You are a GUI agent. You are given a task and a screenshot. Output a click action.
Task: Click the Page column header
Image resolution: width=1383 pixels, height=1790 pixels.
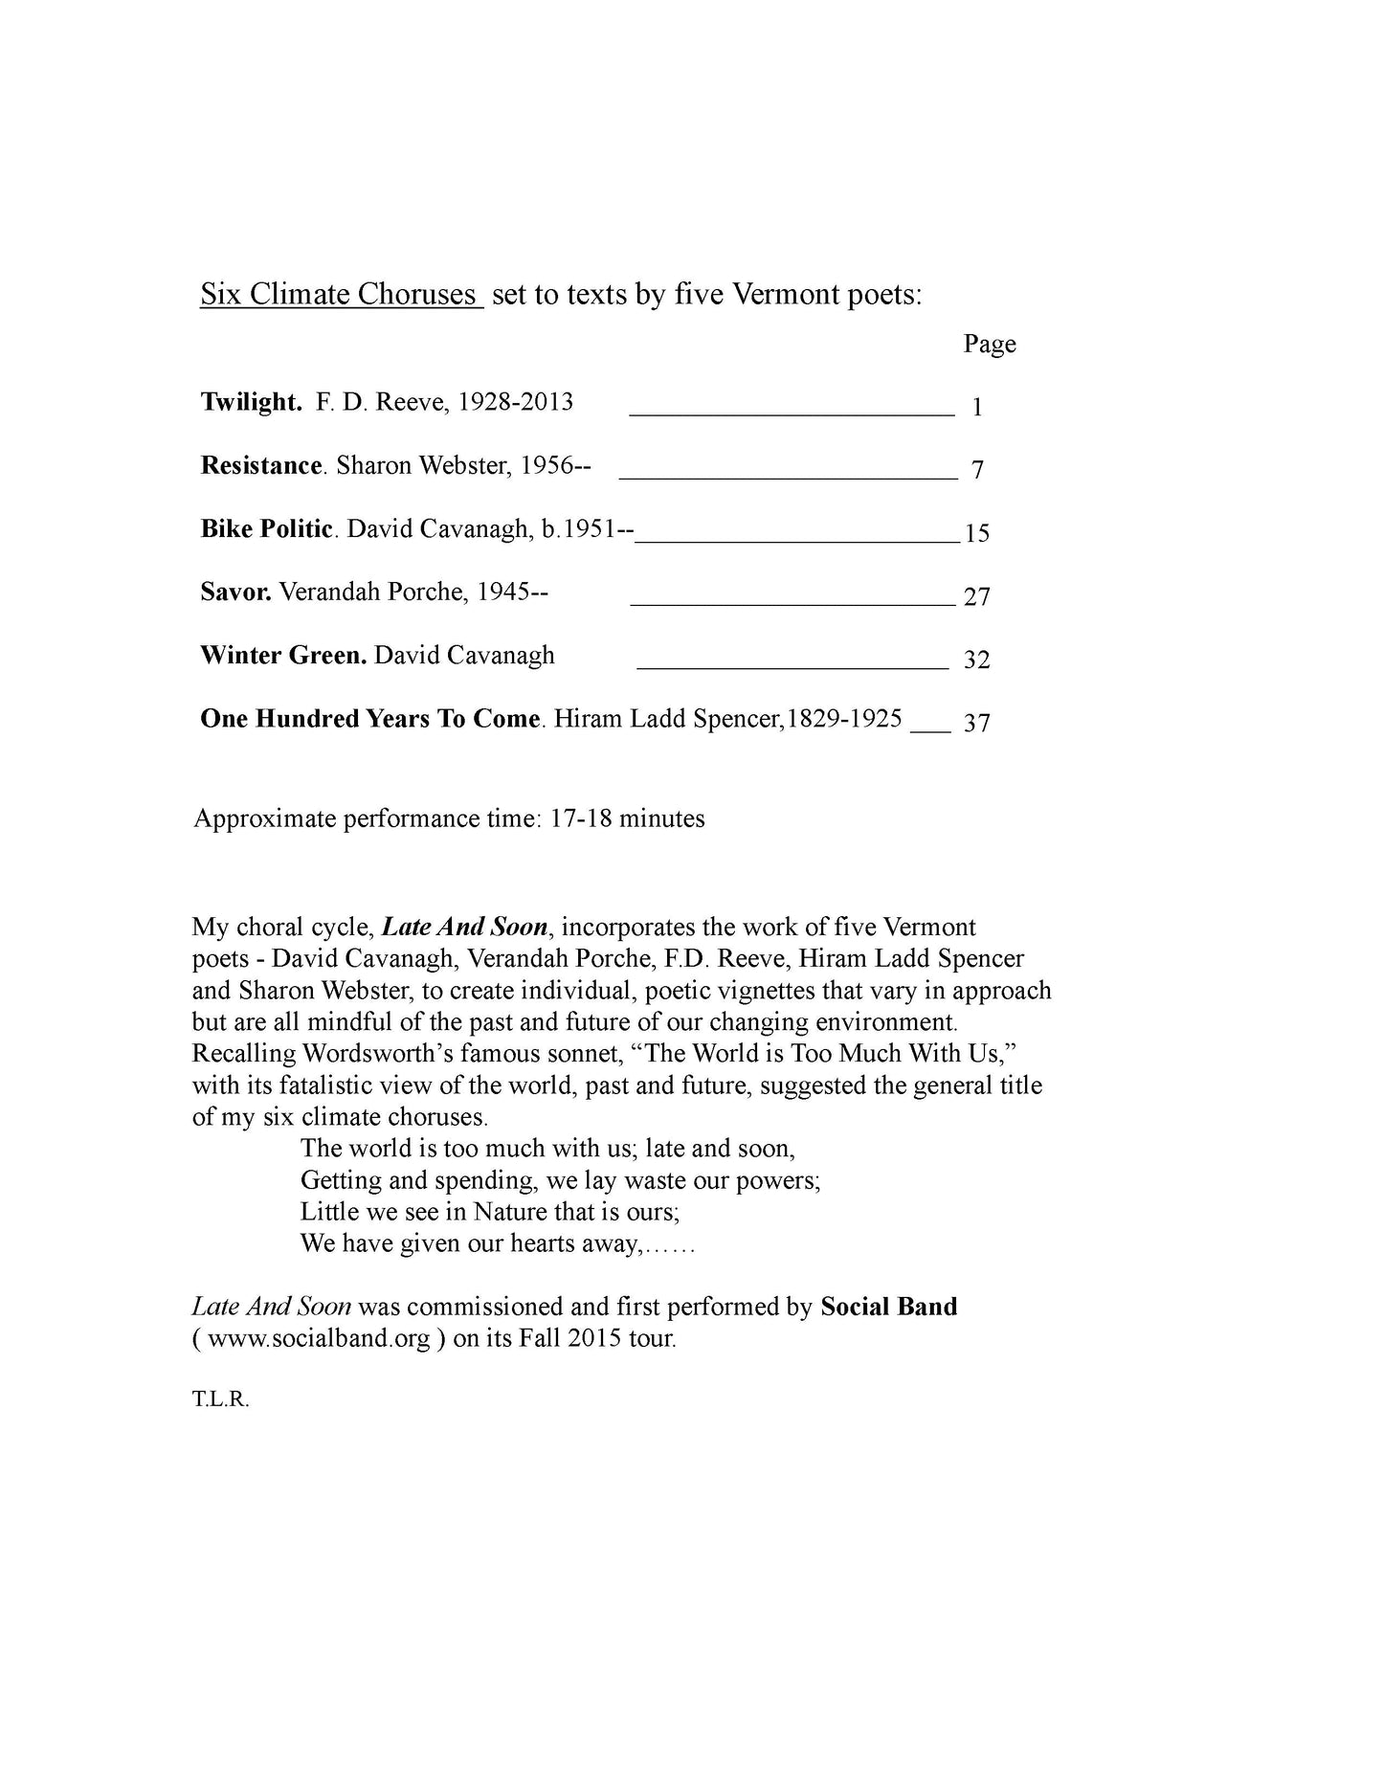click(989, 344)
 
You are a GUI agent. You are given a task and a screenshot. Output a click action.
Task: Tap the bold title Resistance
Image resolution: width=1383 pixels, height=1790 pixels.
click(261, 465)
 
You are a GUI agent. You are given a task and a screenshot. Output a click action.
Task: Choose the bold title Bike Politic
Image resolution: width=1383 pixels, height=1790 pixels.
click(267, 528)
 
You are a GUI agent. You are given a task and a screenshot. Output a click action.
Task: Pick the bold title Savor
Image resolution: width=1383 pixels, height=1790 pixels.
click(235, 592)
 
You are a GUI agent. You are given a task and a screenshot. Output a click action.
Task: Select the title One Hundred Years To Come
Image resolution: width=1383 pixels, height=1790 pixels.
click(370, 719)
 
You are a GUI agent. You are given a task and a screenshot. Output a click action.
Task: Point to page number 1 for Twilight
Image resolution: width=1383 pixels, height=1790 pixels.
click(976, 408)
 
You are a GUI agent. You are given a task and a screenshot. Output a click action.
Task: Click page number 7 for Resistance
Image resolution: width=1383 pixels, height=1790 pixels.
click(976, 470)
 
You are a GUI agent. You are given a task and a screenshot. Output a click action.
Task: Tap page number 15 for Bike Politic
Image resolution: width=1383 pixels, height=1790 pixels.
click(976, 533)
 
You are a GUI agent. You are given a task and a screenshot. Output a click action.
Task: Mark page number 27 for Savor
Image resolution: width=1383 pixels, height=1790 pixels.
click(976, 597)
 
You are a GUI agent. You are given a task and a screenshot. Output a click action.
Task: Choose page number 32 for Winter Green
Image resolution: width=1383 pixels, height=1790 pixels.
click(976, 660)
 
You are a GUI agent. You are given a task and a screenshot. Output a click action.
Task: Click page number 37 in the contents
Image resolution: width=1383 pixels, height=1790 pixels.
click(976, 723)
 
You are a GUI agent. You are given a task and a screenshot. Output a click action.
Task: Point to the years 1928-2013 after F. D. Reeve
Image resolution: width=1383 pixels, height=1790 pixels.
click(515, 402)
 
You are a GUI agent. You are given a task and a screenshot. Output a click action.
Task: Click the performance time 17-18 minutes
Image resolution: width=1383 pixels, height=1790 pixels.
click(627, 819)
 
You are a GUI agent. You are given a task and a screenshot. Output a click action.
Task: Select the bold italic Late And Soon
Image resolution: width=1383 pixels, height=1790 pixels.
click(464, 928)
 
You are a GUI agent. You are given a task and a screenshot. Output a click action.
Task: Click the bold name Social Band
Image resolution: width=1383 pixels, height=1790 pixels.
click(888, 1307)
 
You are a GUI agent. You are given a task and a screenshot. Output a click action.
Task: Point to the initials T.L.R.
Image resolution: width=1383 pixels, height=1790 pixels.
click(220, 1399)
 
